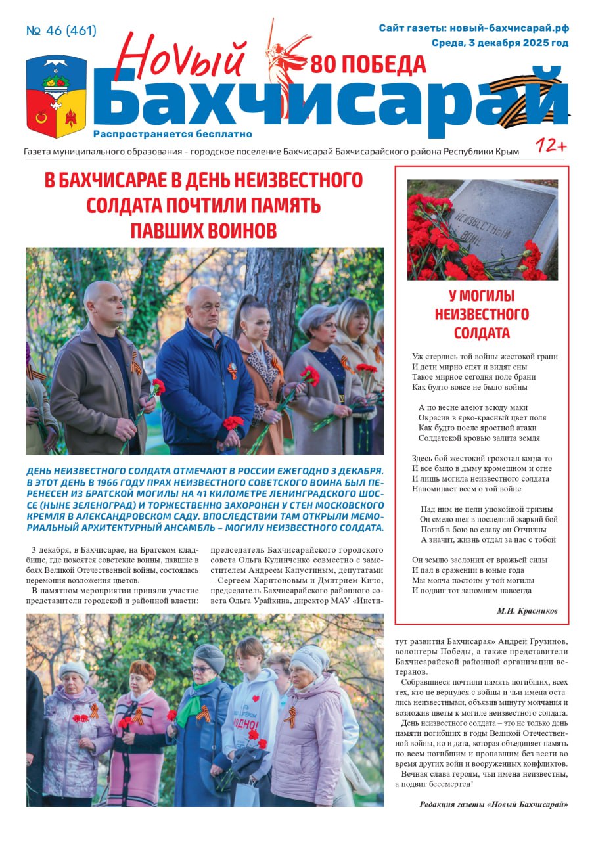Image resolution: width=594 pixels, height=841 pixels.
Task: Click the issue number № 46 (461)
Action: (61, 31)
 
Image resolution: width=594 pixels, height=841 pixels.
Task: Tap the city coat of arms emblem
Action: (57, 96)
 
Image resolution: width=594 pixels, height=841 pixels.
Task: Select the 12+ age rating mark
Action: (551, 146)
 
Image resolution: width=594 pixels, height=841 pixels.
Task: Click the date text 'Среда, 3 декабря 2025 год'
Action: (500, 43)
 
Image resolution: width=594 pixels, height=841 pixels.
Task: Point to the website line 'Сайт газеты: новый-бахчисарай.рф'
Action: (474, 28)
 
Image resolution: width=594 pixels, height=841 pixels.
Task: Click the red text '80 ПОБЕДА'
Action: (368, 65)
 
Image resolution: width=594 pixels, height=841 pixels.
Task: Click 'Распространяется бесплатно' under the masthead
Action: (173, 134)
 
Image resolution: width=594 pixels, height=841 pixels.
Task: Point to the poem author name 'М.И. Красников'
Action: (527, 610)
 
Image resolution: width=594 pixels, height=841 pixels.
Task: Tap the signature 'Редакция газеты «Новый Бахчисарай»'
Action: (493, 804)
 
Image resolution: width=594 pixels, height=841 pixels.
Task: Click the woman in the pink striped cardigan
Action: (139, 729)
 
